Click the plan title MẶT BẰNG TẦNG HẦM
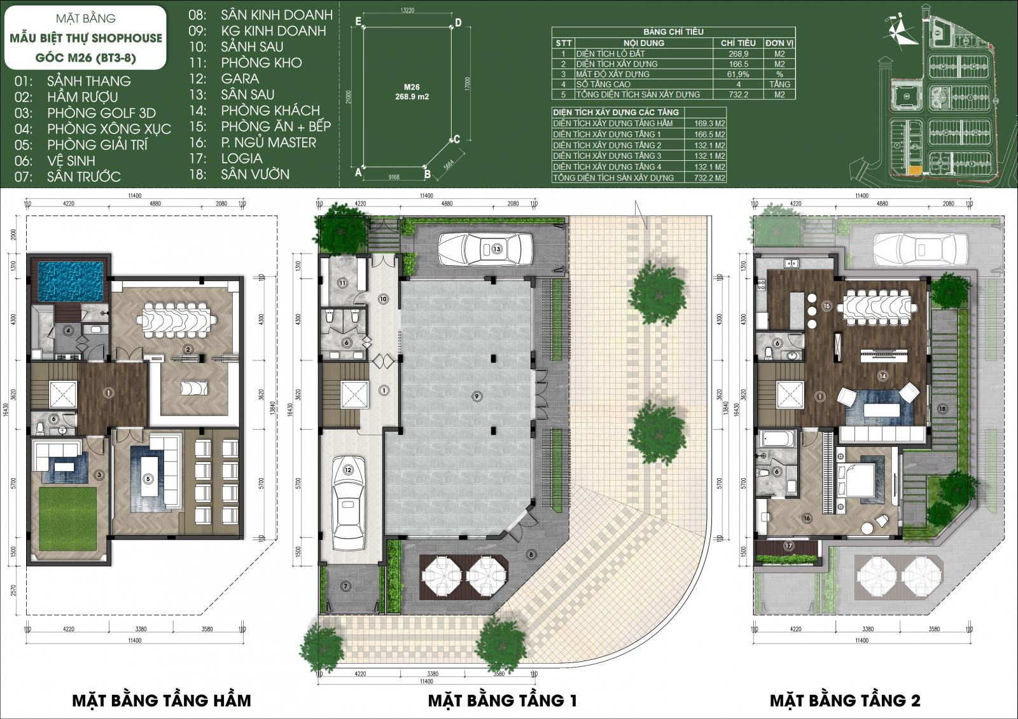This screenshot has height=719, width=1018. tap(161, 701)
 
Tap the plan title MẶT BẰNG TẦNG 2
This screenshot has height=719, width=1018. tap(845, 701)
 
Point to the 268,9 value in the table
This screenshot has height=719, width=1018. tap(738, 53)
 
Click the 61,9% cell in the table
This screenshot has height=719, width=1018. tap(738, 74)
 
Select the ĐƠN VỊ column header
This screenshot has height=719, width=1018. tap(779, 43)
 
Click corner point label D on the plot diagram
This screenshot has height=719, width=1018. tap(458, 23)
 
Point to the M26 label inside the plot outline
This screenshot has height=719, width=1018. tap(412, 87)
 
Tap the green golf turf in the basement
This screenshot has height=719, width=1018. tap(67, 519)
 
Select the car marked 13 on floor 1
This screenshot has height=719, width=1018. tap(485, 249)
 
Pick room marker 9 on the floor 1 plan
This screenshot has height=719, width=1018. tap(477, 396)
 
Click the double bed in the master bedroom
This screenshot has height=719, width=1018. tap(859, 478)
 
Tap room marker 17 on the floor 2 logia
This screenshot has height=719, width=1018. tap(789, 545)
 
